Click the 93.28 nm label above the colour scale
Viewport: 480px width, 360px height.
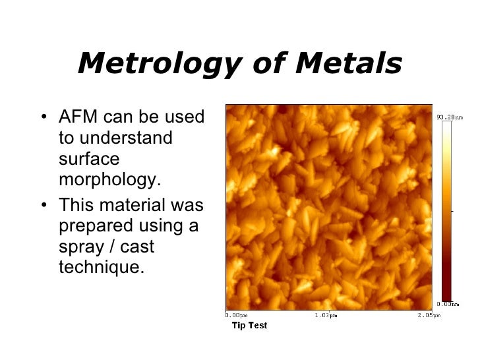(x=449, y=117)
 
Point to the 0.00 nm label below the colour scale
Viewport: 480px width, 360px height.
(x=448, y=304)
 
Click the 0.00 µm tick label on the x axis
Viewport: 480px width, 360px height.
(x=236, y=315)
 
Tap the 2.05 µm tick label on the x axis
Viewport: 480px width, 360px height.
(x=420, y=315)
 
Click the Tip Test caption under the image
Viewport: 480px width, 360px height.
(x=249, y=326)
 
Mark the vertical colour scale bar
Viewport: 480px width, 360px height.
(x=446, y=211)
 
